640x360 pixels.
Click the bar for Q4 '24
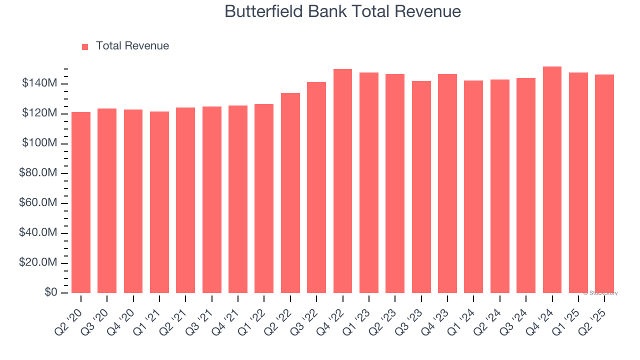552,180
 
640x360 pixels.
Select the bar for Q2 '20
81,202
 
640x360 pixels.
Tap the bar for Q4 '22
342,181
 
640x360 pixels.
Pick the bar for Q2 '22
290,193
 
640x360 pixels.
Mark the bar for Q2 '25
604,184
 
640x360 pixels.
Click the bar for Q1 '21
159,202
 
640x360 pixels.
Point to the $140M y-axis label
39,83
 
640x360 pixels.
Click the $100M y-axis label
39,143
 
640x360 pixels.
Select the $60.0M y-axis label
37,203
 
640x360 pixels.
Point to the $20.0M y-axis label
37,263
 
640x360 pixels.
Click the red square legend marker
85,46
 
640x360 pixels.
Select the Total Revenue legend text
132,46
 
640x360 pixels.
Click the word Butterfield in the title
256,11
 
